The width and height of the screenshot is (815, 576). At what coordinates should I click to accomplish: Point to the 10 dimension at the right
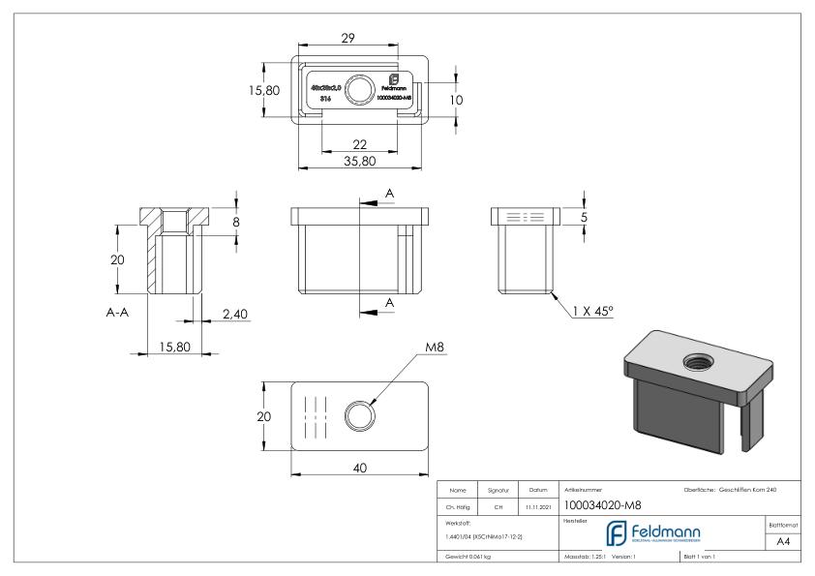[469, 100]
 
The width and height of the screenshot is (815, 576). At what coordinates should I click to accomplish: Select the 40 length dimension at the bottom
[358, 468]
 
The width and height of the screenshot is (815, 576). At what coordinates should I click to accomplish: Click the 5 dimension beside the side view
[584, 217]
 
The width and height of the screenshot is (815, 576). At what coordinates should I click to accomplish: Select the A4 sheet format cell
[784, 543]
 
